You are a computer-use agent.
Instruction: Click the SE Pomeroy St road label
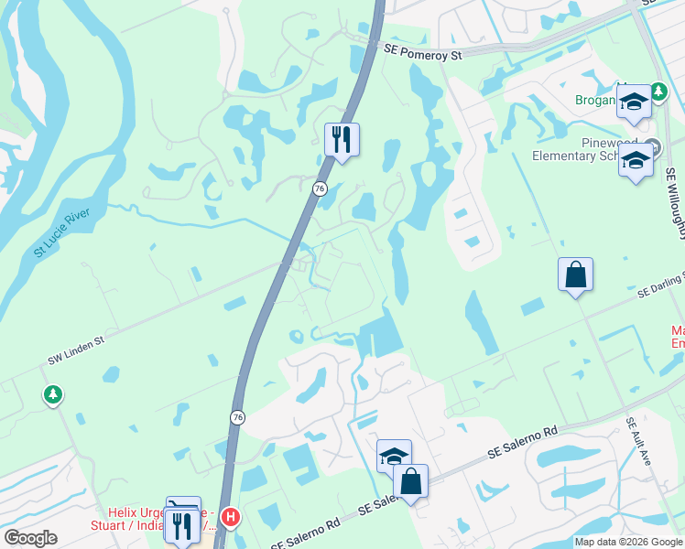tap(418, 55)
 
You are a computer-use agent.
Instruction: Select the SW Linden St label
tap(78, 355)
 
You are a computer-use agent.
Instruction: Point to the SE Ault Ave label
tap(639, 443)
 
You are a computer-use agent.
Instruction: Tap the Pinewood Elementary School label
tap(588, 150)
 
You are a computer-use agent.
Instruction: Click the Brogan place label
tap(595, 100)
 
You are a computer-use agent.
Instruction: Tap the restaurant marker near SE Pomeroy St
tap(342, 140)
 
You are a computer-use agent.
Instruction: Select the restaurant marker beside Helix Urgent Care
tap(181, 525)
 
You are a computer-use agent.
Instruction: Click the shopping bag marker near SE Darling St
tap(575, 274)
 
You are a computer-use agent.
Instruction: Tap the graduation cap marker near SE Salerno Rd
tap(395, 456)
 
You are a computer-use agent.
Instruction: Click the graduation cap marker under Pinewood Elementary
tap(635, 161)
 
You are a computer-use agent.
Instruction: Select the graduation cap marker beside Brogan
tap(633, 102)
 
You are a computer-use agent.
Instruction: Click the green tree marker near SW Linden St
tap(53, 395)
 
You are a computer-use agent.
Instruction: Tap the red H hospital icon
tap(231, 518)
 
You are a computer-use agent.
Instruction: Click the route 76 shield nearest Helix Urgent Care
tap(238, 417)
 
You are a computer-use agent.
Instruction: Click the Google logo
tap(30, 538)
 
